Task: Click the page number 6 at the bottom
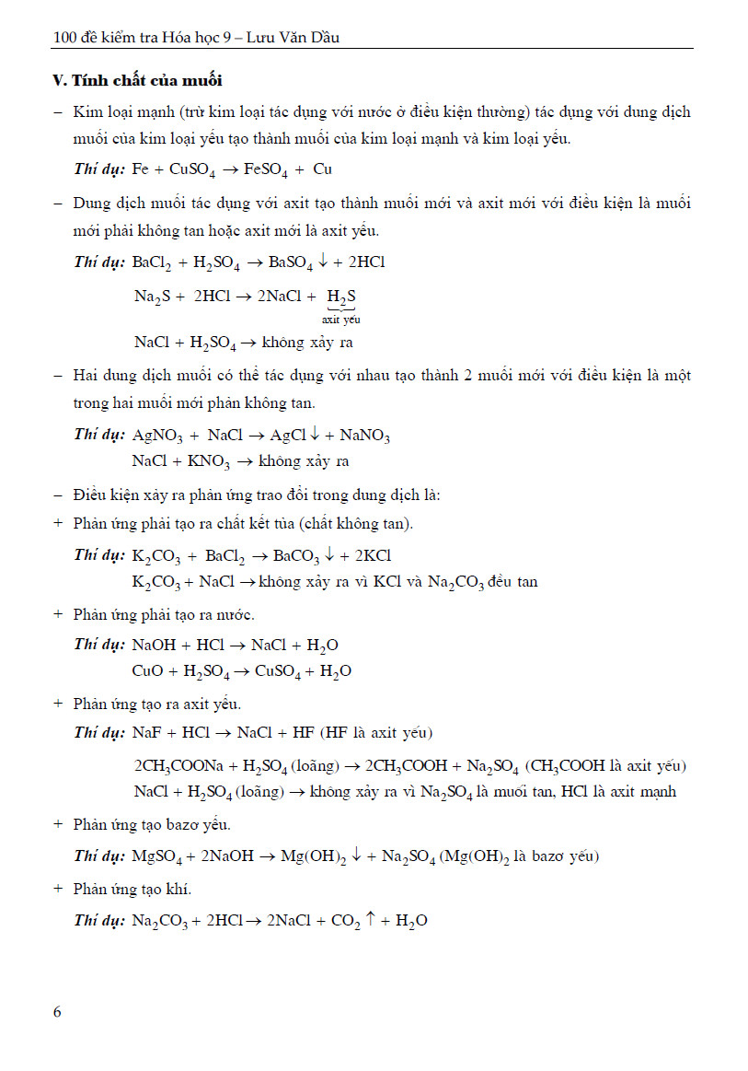coord(57,1012)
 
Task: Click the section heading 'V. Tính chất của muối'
coord(137,80)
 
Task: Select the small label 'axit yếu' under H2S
coord(340,320)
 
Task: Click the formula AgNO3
coord(159,436)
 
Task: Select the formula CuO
coord(148,671)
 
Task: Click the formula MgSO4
coord(157,856)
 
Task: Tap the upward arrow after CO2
coord(370,919)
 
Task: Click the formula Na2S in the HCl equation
coord(149,297)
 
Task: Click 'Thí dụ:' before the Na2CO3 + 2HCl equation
coord(99,920)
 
